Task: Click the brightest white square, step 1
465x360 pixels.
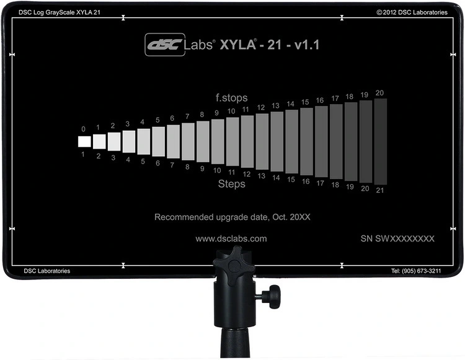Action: coord(84,141)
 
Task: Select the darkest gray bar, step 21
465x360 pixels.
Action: coord(381,142)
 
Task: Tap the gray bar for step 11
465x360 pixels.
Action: coord(232,142)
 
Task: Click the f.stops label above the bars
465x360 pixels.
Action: coord(231,98)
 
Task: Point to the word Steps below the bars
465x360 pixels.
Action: coord(232,183)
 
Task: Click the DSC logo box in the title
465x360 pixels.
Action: coord(165,45)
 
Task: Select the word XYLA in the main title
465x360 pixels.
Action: coord(238,45)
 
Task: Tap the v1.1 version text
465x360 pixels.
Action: coord(307,45)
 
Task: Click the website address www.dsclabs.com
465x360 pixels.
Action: coord(231,239)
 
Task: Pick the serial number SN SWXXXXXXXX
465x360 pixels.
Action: coord(397,239)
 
